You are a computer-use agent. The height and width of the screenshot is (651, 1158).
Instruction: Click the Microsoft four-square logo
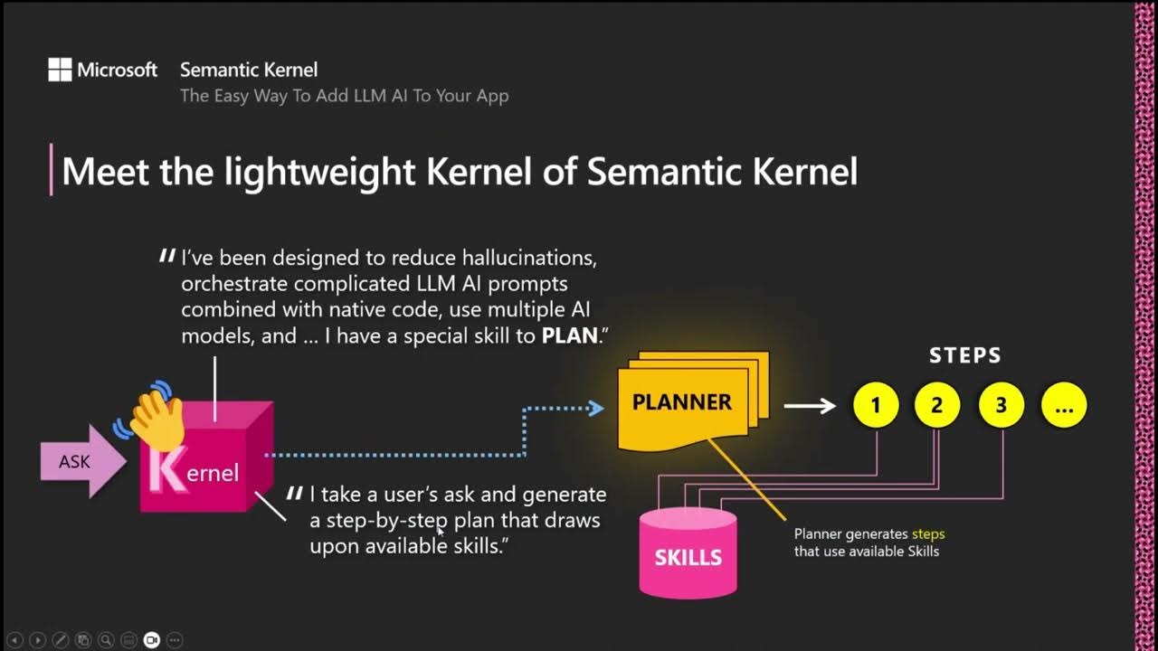coord(60,70)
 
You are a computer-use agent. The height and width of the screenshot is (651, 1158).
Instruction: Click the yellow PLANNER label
coord(682,402)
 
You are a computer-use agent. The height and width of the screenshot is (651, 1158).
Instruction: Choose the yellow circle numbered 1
coord(876,406)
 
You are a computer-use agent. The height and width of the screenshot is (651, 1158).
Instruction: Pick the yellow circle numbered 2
coord(937,406)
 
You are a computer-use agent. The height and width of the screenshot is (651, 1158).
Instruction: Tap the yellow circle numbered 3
coord(1001,406)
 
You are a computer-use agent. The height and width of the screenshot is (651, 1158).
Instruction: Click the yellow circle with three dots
coord(1064,406)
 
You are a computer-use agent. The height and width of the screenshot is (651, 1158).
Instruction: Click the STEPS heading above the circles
coord(965,355)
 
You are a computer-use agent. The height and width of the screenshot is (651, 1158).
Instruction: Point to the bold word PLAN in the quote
coord(570,335)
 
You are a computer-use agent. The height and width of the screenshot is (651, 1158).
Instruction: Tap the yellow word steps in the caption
coord(928,533)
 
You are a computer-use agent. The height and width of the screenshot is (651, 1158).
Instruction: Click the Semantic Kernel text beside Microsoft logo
coord(249,70)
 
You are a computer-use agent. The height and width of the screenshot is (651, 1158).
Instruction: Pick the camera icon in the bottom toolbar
coord(151,639)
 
